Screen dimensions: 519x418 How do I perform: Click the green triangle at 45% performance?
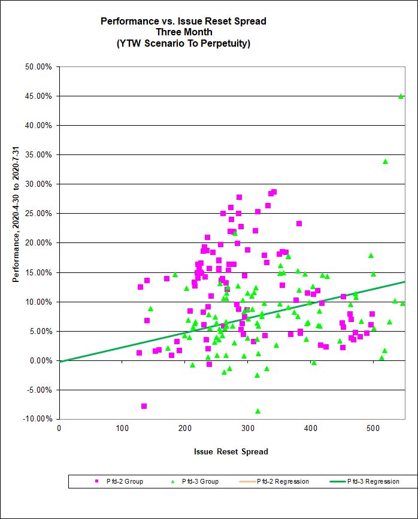tap(401, 96)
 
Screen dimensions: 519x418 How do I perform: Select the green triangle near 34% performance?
tap(385, 161)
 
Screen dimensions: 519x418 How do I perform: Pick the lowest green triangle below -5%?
tap(258, 411)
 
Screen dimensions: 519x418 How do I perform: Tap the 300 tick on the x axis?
tap(185, 429)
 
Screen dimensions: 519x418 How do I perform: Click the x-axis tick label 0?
tap(59, 429)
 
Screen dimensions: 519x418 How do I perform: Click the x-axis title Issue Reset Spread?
tap(231, 451)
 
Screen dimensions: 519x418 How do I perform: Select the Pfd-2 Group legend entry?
tap(120, 481)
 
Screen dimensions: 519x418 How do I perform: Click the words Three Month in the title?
tap(183, 32)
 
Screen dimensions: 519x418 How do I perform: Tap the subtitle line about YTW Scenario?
tap(183, 43)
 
